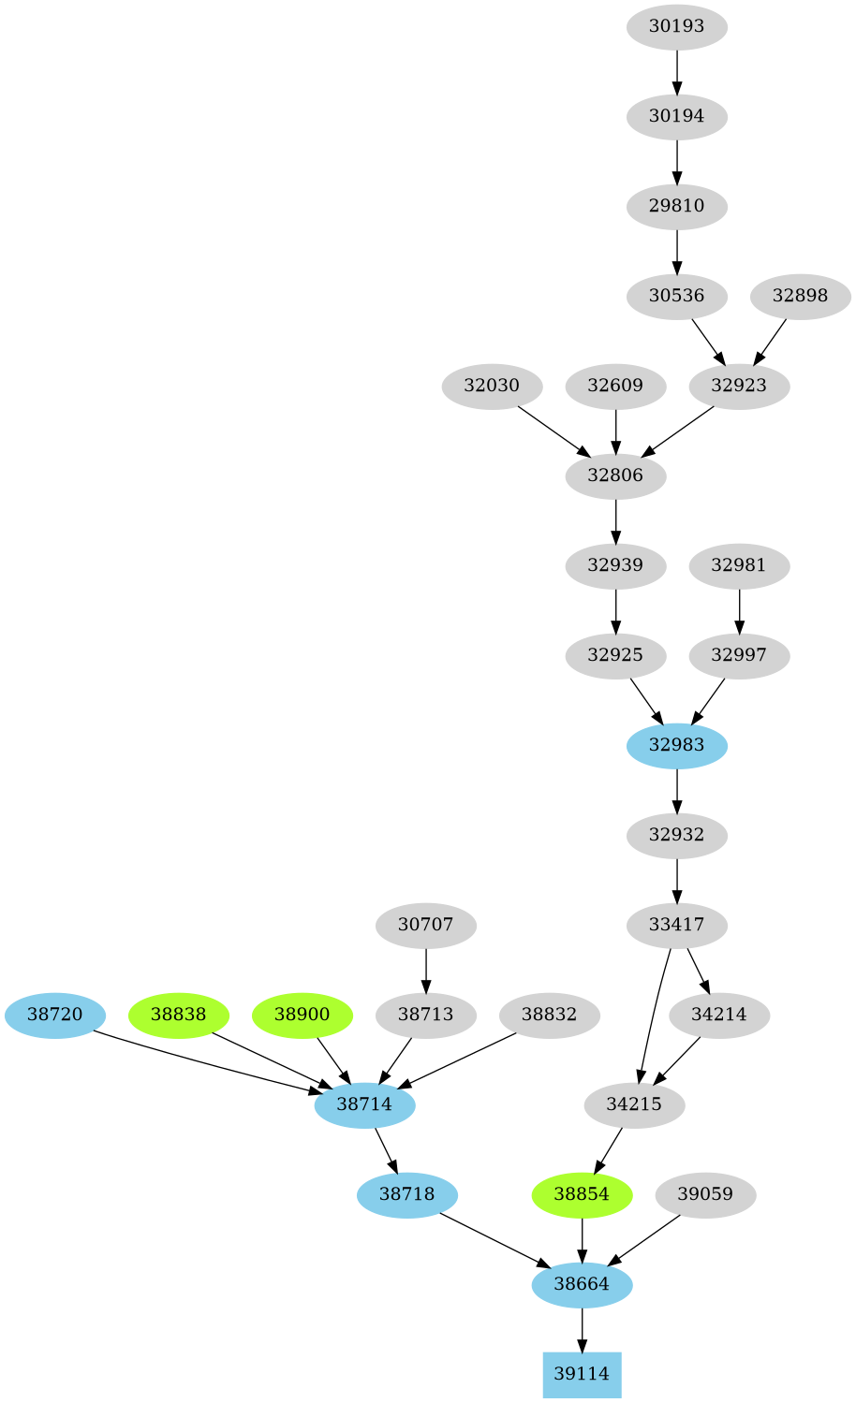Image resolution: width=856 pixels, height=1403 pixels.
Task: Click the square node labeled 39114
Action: click(582, 1374)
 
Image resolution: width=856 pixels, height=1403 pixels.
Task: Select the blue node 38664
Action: click(582, 1284)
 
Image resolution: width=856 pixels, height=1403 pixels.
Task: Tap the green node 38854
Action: click(582, 1194)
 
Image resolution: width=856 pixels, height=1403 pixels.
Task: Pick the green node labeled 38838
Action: click(178, 1015)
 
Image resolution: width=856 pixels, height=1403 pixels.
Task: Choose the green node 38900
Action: click(302, 1015)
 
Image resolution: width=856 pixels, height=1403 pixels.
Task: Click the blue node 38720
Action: click(54, 1015)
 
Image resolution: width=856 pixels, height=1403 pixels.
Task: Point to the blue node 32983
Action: click(676, 745)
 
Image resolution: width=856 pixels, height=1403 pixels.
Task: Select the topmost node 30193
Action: click(676, 26)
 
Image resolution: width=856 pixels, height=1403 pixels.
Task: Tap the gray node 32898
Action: click(800, 296)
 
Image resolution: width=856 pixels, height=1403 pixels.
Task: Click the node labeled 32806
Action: click(615, 475)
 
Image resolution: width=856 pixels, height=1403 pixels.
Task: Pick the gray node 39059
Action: click(705, 1194)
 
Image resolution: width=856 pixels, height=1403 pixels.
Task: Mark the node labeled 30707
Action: click(425, 925)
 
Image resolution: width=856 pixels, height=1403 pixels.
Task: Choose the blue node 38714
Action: click(364, 1104)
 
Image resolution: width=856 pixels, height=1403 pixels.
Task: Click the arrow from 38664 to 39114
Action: click(582, 1330)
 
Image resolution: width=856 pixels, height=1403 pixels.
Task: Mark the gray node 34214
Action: click(719, 1015)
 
